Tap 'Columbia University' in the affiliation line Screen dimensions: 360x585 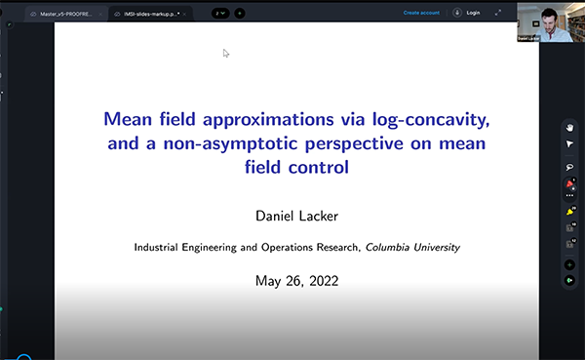411,248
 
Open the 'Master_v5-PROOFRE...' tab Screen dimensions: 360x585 68,14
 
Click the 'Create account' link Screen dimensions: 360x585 422,13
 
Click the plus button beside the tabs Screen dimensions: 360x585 240,14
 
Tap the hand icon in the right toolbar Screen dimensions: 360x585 569,127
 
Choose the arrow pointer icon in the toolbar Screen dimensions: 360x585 569,143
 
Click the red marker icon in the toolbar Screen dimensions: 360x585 569,182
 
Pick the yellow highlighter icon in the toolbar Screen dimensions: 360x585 569,211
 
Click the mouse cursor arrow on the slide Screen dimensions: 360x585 225,53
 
